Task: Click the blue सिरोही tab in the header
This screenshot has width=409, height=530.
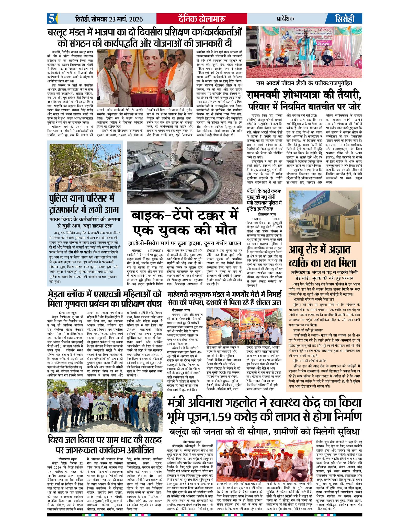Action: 345,19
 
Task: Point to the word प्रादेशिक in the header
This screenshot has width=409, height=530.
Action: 285,19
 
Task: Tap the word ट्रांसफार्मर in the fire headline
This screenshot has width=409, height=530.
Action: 74,210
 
